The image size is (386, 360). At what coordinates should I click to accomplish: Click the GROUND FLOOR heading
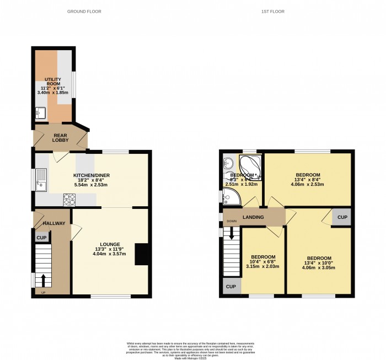[x=84, y=12]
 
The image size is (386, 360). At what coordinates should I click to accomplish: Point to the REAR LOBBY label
[x=60, y=137]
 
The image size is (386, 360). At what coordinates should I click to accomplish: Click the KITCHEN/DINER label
[x=92, y=175]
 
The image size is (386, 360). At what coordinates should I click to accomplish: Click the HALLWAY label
[x=55, y=223]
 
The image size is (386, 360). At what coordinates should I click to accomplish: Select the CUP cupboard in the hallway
[x=41, y=238]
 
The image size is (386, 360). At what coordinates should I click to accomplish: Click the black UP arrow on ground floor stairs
[x=41, y=280]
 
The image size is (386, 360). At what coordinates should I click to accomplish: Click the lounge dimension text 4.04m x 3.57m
[x=110, y=254]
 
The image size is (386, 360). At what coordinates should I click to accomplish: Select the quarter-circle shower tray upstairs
[x=231, y=195]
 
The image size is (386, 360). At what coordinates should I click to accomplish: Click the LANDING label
[x=254, y=217]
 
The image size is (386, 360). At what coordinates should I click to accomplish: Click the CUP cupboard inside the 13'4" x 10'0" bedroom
[x=342, y=217]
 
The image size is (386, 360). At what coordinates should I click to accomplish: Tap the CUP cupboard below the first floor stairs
[x=231, y=287]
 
